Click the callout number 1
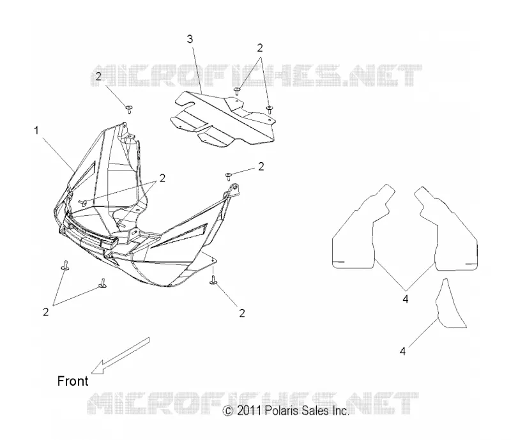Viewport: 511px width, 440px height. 36,131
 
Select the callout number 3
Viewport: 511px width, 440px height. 190,39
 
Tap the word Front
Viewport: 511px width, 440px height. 73,381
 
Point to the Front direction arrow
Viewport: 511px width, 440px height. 120,355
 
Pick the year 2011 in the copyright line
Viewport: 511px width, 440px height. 249,411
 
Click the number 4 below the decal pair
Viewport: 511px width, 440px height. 406,299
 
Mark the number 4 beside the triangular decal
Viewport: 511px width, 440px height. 403,351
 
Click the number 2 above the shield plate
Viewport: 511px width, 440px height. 260,48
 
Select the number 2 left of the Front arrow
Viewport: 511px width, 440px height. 45,312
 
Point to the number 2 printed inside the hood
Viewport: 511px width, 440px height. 162,178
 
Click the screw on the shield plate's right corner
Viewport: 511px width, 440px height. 269,109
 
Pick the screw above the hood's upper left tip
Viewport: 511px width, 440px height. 130,109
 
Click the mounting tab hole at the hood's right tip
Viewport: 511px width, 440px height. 234,187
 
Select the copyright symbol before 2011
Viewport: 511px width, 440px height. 228,411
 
